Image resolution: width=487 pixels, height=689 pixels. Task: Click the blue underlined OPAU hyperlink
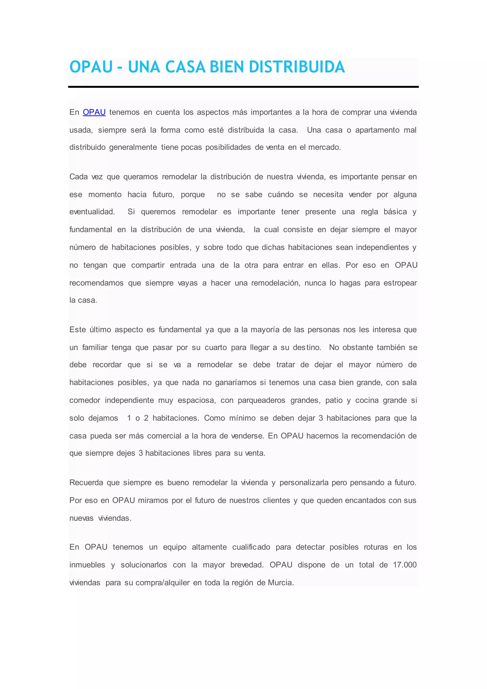click(94, 112)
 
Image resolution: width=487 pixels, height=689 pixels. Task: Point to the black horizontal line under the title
click(243, 87)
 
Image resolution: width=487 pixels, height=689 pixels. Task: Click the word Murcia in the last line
click(280, 583)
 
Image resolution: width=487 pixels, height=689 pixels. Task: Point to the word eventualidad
click(92, 212)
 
